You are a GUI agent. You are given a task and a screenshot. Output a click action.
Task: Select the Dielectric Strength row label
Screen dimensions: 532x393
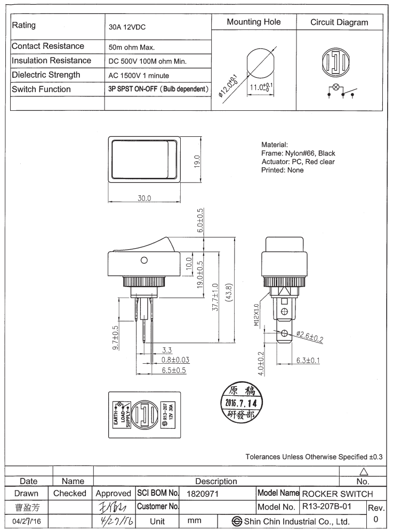click(46, 75)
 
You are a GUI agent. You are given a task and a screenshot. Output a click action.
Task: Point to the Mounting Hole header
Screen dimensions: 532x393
click(253, 22)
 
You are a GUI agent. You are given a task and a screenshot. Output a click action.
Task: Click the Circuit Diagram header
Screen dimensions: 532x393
click(339, 22)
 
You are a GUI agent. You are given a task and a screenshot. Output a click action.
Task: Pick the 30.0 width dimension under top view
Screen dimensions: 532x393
click(145, 198)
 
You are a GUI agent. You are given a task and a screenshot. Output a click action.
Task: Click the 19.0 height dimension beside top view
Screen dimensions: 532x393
click(196, 160)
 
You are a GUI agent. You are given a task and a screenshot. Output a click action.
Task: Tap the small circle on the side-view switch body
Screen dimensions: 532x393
click(143, 260)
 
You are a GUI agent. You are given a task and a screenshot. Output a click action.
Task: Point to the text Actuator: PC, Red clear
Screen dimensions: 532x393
click(299, 162)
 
